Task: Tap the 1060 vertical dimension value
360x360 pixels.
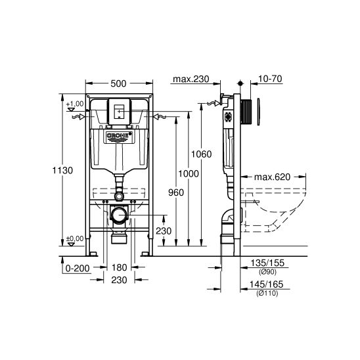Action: pyautogui.click(x=202, y=154)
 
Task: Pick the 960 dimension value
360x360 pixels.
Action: pyautogui.click(x=175, y=193)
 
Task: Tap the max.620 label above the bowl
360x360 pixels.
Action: pyautogui.click(x=273, y=177)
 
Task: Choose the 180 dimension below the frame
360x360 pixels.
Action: pyautogui.click(x=118, y=268)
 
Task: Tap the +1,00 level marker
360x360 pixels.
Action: pyautogui.click(x=74, y=104)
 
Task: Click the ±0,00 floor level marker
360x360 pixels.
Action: pyautogui.click(x=74, y=238)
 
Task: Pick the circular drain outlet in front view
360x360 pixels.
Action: pyautogui.click(x=118, y=215)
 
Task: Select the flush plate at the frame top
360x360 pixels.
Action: pyautogui.click(x=118, y=111)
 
